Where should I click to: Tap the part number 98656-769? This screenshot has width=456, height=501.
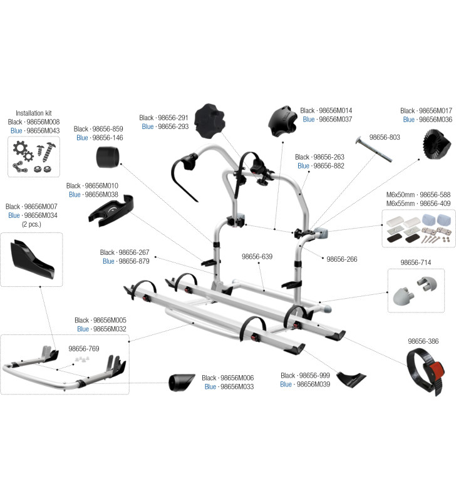point(84,349)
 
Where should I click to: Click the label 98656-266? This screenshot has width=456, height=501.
point(341,259)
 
